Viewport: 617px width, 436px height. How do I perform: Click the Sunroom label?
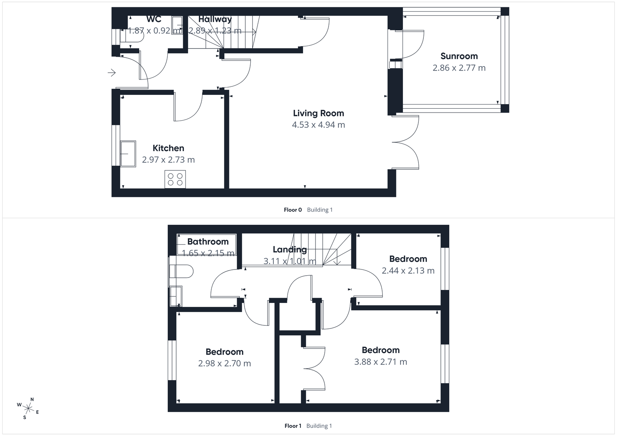coord(459,56)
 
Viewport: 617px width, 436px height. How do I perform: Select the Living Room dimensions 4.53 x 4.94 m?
coord(318,125)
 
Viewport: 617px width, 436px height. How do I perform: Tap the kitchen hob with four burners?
coord(175,179)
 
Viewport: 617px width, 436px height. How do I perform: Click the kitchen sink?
coord(128,153)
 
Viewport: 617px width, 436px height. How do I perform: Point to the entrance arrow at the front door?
coord(112,72)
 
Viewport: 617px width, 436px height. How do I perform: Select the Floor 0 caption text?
coord(293,210)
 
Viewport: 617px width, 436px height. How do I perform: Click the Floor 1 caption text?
coord(293,426)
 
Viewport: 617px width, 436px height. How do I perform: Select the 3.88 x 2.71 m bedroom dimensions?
coord(381,362)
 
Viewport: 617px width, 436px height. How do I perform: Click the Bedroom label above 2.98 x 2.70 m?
coord(224,352)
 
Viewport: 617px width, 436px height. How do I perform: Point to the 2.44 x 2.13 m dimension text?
coord(408,271)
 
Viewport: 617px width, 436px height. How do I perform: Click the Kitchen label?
coord(168,148)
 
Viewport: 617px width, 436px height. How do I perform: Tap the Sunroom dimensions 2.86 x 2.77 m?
coord(459,68)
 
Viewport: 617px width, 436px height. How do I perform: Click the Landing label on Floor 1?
coord(290,249)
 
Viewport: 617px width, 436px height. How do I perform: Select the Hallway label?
coord(215,19)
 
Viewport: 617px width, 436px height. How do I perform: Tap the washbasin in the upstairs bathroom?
coord(176,295)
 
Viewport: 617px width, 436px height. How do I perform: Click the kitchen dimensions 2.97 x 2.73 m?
coord(168,160)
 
